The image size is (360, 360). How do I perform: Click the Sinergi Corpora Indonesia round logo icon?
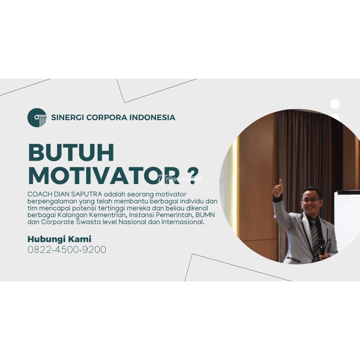(37, 117)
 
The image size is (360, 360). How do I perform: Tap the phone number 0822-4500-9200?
(67, 249)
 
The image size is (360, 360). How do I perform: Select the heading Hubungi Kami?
(59, 239)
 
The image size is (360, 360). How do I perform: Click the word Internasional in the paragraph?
(183, 222)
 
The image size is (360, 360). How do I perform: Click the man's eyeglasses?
(311, 199)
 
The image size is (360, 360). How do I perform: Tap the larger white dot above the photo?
(335, 104)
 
